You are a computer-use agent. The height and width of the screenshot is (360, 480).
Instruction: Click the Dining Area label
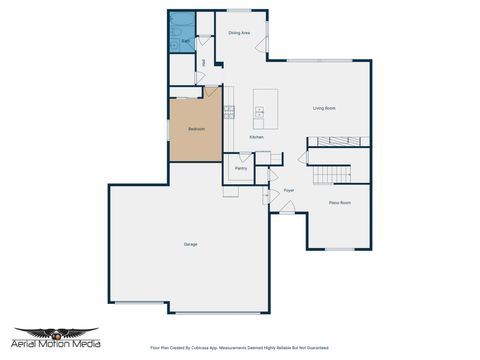tap(239, 33)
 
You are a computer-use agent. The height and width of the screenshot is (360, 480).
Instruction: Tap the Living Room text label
tap(323, 108)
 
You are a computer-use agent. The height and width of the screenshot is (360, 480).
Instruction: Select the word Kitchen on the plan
tap(256, 137)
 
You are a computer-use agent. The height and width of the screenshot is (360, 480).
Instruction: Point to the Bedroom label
tap(197, 129)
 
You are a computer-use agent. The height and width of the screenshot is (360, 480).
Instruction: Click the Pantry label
tap(241, 168)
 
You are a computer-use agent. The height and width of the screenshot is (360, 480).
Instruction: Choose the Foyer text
tap(289, 189)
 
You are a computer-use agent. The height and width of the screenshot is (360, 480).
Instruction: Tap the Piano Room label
tap(340, 203)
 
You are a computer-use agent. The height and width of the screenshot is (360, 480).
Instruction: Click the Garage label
tap(190, 244)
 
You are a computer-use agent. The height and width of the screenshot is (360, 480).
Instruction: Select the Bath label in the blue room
tap(185, 42)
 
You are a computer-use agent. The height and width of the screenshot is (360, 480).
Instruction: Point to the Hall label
tap(204, 63)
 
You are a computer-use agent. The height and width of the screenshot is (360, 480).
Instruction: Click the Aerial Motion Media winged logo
tap(56, 334)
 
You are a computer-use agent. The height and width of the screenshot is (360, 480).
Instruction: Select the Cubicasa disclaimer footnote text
tap(239, 348)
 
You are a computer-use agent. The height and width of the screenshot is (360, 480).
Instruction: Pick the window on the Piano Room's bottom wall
tap(340, 249)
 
